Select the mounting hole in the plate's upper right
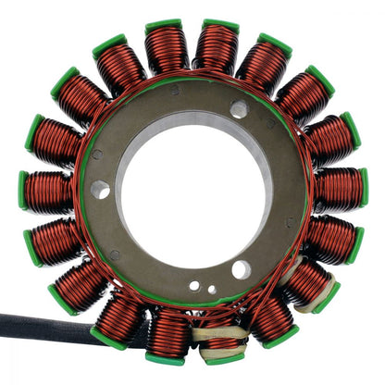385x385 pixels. [x=239, y=110]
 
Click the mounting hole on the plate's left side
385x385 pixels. [x=100, y=189]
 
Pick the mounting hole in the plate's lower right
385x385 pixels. [x=241, y=270]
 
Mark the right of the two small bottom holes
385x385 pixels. [x=212, y=290]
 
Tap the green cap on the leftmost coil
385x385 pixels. [x=23, y=191]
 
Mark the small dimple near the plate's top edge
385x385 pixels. [x=174, y=91]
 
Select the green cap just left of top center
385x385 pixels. [x=163, y=25]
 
